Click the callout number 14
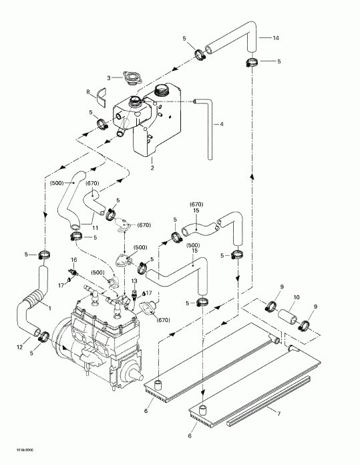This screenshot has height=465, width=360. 277,38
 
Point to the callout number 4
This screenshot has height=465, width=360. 222,124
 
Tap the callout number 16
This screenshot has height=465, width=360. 74,259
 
